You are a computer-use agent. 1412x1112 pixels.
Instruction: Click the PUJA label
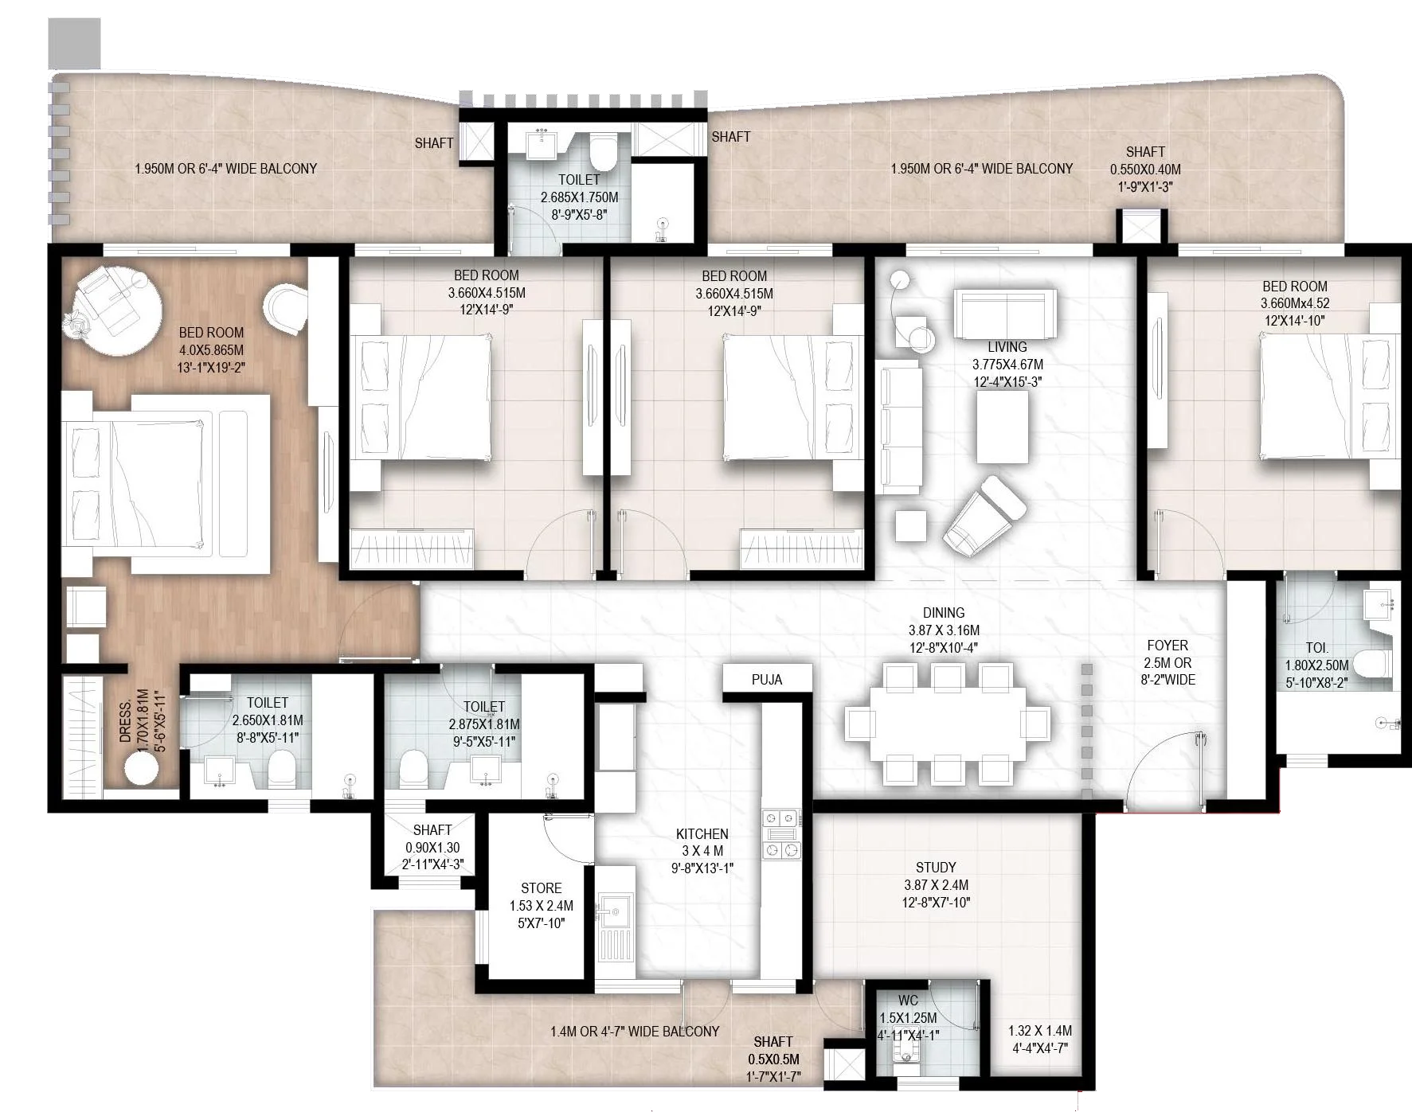pos(767,680)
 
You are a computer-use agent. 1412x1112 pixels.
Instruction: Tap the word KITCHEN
pos(702,834)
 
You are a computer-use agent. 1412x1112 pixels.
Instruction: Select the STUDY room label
pos(936,868)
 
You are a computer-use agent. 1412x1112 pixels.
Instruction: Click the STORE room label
pos(541,888)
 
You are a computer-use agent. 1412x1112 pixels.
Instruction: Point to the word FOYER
pos(1167,646)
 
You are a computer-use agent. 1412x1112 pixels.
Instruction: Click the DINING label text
pos(944,613)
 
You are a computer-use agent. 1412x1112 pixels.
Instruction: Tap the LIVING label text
pos(1007,347)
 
